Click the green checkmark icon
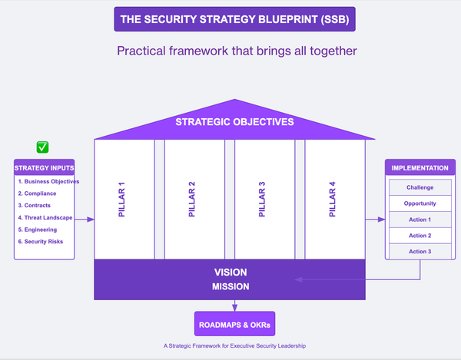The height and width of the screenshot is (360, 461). pos(43,147)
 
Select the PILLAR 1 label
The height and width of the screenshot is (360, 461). pos(121,200)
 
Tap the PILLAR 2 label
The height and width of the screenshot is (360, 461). pos(191,200)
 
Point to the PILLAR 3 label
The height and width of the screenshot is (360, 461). pos(262,200)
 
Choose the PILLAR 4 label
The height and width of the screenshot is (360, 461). pos(333,200)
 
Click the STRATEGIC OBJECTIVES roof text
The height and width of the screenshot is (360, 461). pos(234,121)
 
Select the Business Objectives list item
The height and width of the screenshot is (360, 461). pos(48,182)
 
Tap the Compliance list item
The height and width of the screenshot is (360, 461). pos(38,194)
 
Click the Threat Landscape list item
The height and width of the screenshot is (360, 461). pos(45,218)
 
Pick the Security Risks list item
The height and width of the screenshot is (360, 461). pos(41,242)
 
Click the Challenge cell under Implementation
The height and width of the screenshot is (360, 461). pos(420,187)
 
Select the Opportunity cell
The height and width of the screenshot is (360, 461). pos(420,203)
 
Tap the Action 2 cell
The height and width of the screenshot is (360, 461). pos(420,236)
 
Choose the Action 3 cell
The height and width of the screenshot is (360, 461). pos(420,252)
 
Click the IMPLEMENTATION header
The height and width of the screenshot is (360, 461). pos(420,168)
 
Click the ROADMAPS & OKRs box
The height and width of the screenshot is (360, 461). pos(235,324)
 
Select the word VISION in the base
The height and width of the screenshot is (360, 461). pos(230,272)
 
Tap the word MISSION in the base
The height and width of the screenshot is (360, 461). pos(230,287)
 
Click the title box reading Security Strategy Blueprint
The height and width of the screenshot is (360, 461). pos(235,19)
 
